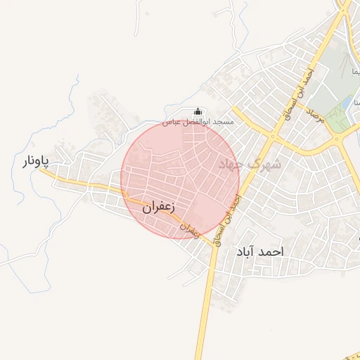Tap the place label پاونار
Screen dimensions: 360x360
tap(34, 162)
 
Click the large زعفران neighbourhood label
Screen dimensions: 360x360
tap(157, 207)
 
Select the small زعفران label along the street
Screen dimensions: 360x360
tap(189, 228)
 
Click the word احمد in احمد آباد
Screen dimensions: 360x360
tap(269, 251)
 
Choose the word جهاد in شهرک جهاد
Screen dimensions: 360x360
tap(233, 165)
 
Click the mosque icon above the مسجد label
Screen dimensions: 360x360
tap(198, 112)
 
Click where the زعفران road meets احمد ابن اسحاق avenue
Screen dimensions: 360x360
tap(212, 244)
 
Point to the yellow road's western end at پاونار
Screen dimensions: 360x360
tap(41, 174)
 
